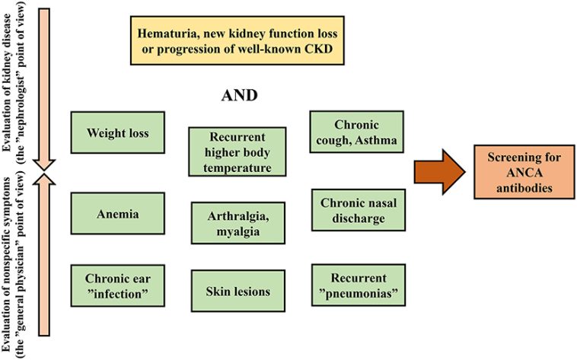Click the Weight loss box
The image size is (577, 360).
pyautogui.click(x=117, y=133)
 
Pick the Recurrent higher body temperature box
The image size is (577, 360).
pyautogui.click(x=237, y=151)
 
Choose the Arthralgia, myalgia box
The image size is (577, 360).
pyautogui.click(x=237, y=223)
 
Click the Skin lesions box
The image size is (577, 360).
pyautogui.click(x=237, y=291)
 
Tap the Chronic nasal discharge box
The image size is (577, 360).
pyautogui.click(x=356, y=210)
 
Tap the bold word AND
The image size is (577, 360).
pyautogui.click(x=237, y=96)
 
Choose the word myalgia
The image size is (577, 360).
pyautogui.click(x=237, y=231)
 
